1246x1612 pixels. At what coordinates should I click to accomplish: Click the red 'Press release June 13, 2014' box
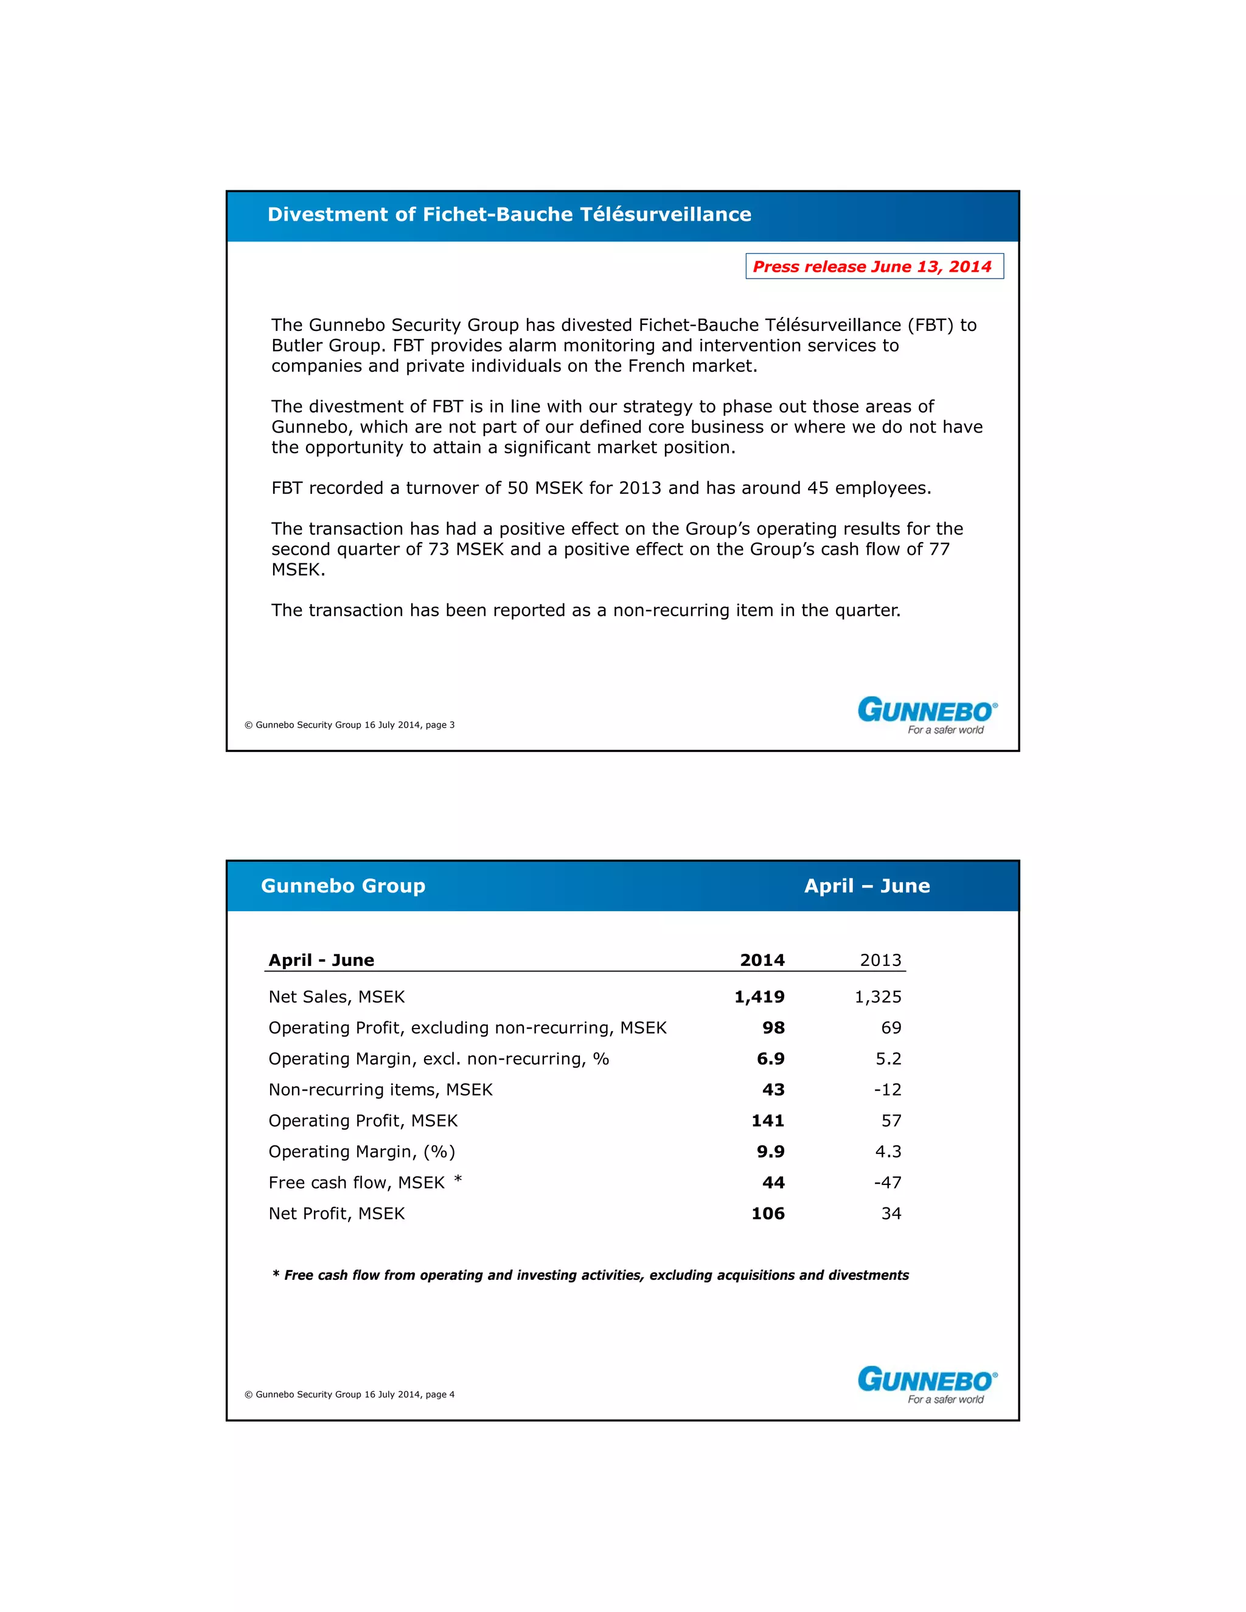coord(874,266)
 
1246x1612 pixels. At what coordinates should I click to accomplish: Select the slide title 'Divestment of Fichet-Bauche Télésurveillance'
coord(509,215)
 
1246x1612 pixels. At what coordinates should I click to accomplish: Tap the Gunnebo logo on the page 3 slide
coord(927,715)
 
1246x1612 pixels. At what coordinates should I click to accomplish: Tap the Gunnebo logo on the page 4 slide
coord(927,1384)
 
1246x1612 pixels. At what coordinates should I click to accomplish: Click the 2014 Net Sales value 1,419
coord(759,997)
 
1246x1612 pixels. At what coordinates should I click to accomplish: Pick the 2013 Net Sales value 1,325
coord(878,997)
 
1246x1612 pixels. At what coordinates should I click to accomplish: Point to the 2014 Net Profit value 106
coord(768,1214)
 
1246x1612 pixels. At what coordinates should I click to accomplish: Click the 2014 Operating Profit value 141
coord(768,1120)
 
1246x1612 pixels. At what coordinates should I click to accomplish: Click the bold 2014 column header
coord(762,961)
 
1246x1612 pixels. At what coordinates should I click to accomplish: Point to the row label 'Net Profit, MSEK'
coord(336,1214)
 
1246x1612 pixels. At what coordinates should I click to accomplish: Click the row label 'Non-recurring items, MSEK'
coord(380,1089)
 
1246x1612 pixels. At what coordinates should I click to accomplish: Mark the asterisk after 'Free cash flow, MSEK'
coord(458,1180)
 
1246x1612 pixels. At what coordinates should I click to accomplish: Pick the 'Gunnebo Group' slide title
coord(343,886)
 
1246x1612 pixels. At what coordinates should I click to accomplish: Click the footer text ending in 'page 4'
coord(350,1394)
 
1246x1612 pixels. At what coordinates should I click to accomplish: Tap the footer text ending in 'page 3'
coord(350,725)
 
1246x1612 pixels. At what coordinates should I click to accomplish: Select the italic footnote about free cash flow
coord(591,1276)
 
